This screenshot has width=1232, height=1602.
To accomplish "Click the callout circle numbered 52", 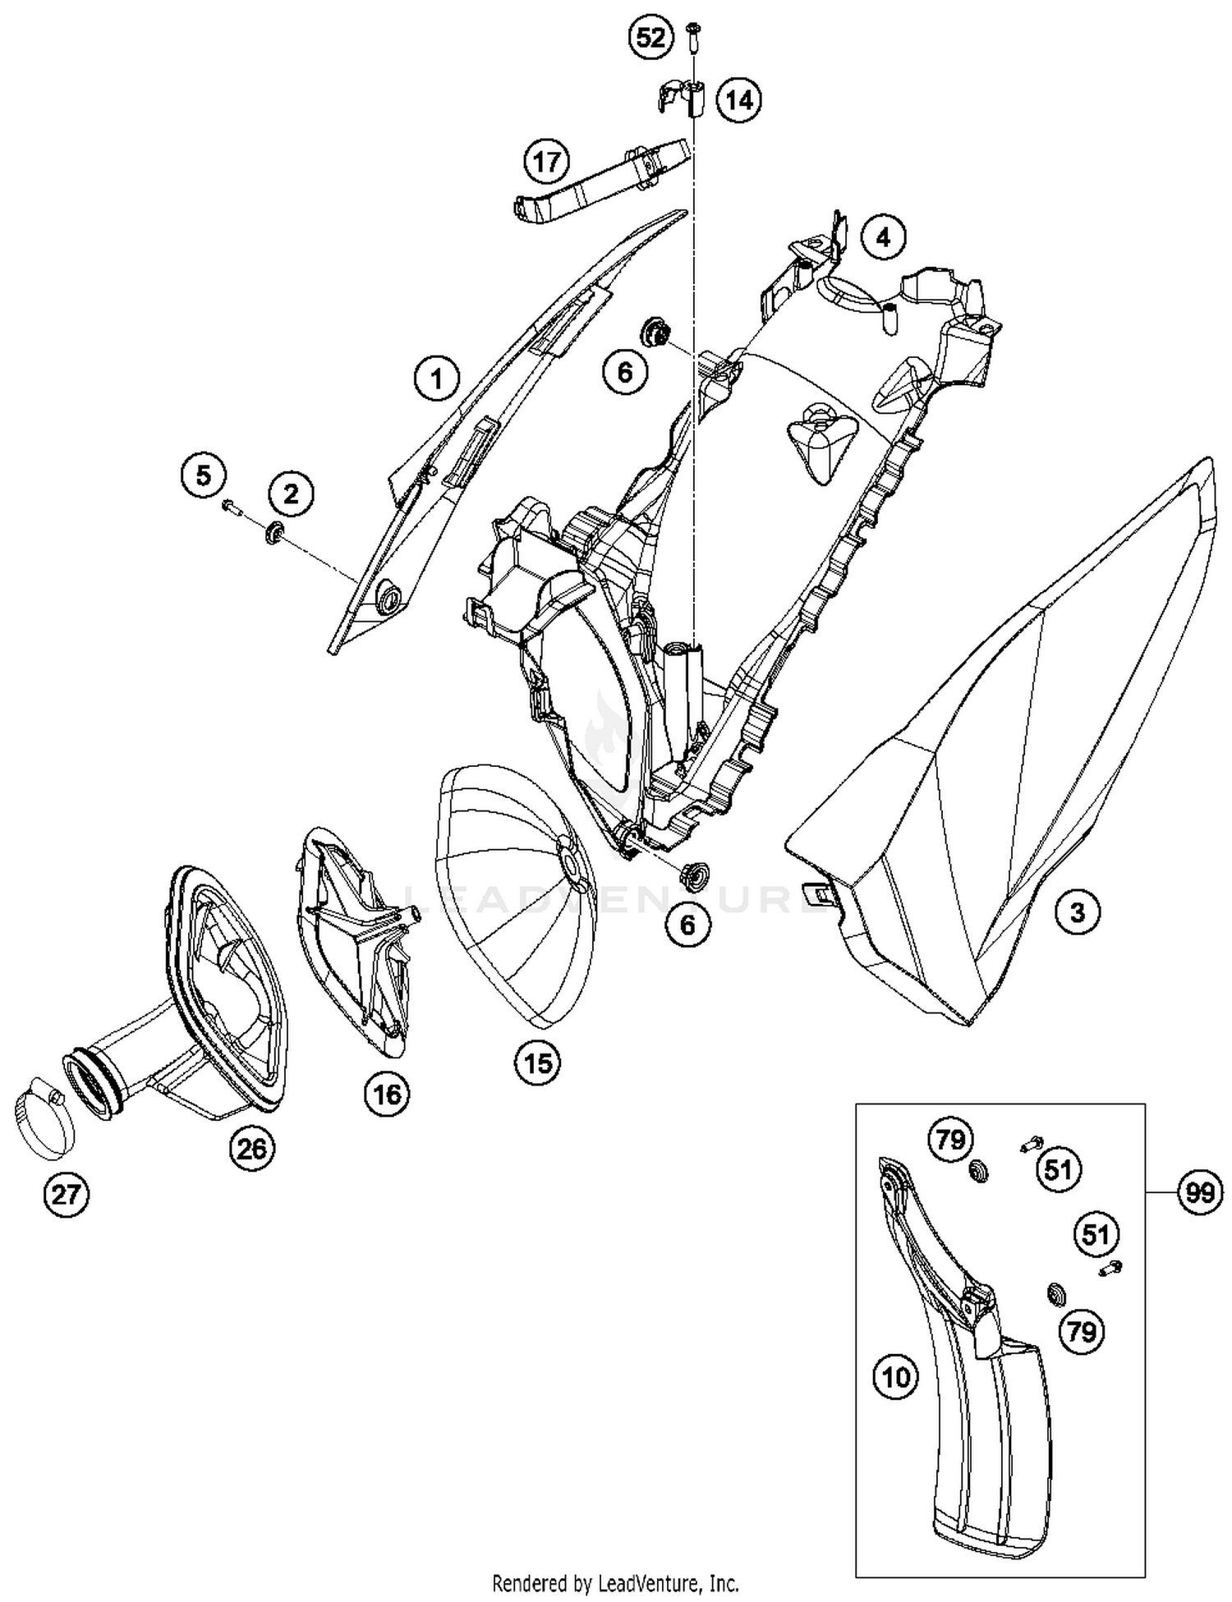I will point(650,38).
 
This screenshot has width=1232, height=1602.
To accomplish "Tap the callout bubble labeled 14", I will point(738,100).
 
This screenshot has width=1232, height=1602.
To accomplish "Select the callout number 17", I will point(547,162).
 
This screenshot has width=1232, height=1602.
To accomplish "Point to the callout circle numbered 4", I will point(883,238).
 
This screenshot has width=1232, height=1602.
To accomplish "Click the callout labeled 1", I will point(437,379).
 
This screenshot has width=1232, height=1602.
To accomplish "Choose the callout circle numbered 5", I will point(203,475).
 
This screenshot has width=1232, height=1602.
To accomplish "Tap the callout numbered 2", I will point(291,493).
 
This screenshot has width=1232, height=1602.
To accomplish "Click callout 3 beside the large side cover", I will point(1077,911).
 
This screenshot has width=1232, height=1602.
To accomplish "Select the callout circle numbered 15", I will point(538,1064).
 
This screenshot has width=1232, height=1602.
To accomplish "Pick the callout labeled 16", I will point(388,1094).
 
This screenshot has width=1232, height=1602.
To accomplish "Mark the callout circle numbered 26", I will point(252,1148).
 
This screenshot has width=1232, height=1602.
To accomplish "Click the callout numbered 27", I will point(66,1193).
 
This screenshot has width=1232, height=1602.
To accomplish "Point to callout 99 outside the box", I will point(1200,1192).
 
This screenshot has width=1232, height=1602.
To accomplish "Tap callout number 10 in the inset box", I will point(896,1377).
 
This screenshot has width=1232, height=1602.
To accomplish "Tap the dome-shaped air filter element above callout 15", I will point(517,895).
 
